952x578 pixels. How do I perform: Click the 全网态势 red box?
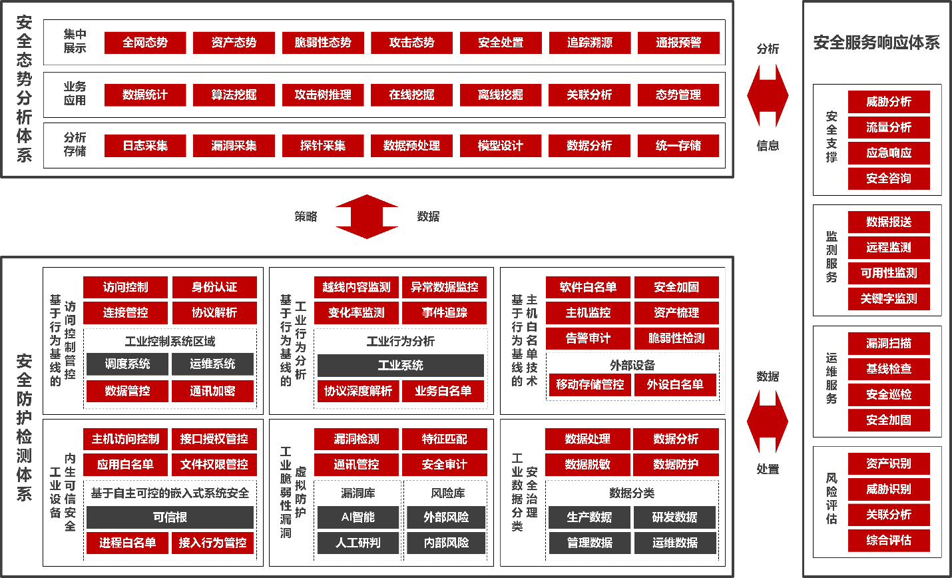(x=145, y=43)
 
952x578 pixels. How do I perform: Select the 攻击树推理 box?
(x=323, y=95)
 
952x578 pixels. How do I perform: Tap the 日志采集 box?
(x=145, y=146)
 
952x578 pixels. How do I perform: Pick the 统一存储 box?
(x=678, y=146)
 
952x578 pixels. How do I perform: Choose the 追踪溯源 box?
(x=590, y=43)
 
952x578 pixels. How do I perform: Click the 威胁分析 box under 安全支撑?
(x=889, y=101)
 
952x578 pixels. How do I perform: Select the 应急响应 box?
(x=889, y=153)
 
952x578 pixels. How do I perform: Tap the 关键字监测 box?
(x=889, y=298)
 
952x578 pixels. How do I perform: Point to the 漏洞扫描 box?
(x=889, y=344)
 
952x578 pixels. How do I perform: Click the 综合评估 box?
(x=889, y=540)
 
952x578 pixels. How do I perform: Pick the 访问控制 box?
(x=125, y=287)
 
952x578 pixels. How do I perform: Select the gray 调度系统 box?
(x=127, y=364)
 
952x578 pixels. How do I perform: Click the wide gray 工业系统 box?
(x=400, y=365)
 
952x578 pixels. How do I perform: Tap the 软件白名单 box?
(x=588, y=287)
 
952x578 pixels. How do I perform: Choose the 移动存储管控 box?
(x=590, y=384)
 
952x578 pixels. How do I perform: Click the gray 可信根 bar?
(x=170, y=517)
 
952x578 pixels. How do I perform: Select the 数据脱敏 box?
(x=588, y=465)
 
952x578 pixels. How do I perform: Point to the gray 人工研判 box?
(x=358, y=543)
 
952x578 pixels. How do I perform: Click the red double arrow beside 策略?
(x=366, y=216)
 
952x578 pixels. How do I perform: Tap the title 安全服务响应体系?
(x=876, y=43)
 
